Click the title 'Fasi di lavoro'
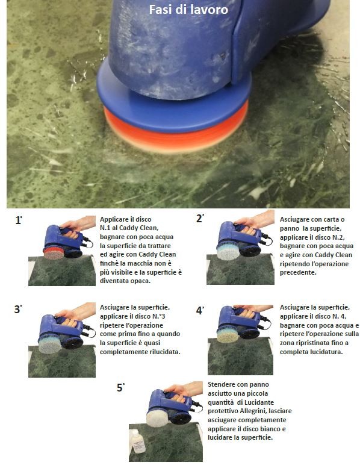(x=188, y=10)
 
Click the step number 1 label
(x=19, y=220)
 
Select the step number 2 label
(x=200, y=219)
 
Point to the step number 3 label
(x=18, y=310)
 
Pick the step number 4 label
(x=200, y=310)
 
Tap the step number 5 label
(x=120, y=387)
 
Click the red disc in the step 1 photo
(x=54, y=253)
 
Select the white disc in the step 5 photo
(x=158, y=417)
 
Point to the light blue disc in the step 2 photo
(x=228, y=252)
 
